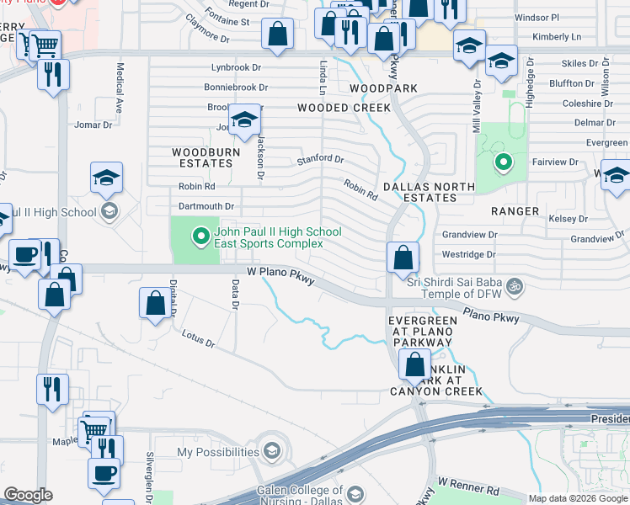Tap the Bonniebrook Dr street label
pyautogui.click(x=236, y=87)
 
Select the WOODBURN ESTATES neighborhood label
pyautogui.click(x=206, y=158)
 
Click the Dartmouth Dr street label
pyautogui.click(x=206, y=206)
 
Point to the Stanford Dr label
pyautogui.click(x=320, y=159)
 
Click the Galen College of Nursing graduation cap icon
pyautogui.click(x=355, y=494)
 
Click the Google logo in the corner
pyautogui.click(x=27, y=495)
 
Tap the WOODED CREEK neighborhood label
pyautogui.click(x=344, y=108)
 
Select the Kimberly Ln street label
pyautogui.click(x=557, y=37)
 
